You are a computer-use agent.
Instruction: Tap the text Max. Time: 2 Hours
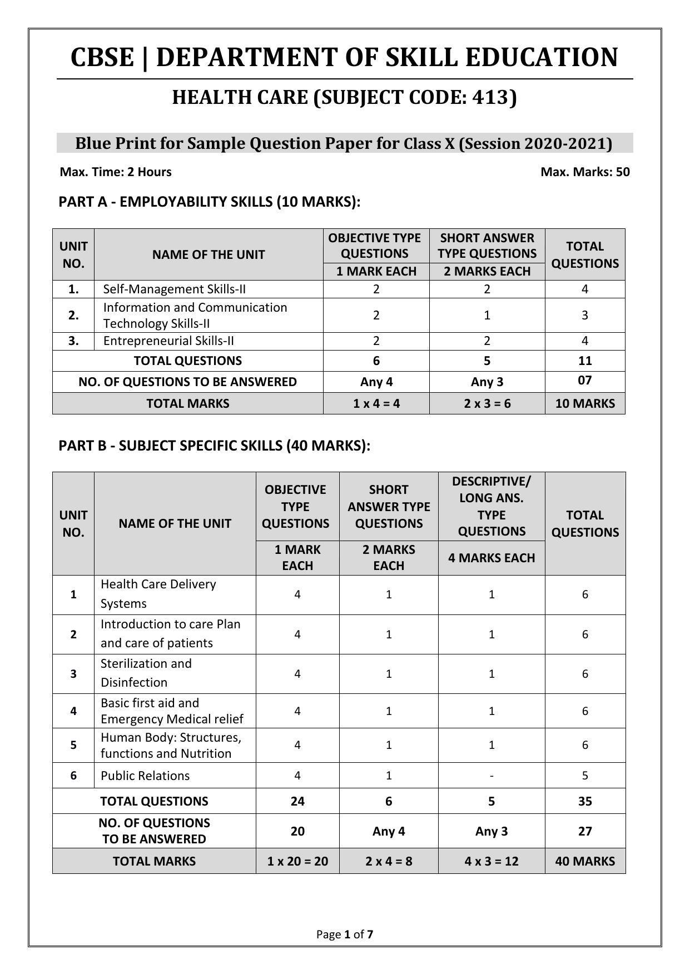[x=116, y=172]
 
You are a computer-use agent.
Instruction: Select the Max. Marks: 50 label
[x=585, y=172]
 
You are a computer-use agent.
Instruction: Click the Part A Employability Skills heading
[x=210, y=202]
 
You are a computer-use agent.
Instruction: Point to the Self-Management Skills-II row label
[x=175, y=289]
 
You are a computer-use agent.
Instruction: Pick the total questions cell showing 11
[x=585, y=361]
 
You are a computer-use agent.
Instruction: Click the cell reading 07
[x=585, y=381]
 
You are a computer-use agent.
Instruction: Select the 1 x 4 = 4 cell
[x=376, y=404]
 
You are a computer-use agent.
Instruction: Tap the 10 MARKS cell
[x=585, y=404]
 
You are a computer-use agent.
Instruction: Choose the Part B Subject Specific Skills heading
[x=214, y=446]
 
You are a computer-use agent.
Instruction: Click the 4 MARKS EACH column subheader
[x=492, y=558]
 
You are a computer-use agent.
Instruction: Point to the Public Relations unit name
[x=145, y=776]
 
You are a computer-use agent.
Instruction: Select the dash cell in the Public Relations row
[x=492, y=776]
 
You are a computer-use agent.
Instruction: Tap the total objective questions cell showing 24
[x=297, y=802]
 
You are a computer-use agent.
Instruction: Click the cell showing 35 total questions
[x=585, y=802]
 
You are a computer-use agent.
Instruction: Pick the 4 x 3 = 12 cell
[x=492, y=862]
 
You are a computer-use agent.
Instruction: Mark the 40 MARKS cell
[x=585, y=862]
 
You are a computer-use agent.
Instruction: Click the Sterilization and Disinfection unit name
[x=146, y=673]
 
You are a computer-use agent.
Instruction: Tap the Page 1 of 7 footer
[x=345, y=934]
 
